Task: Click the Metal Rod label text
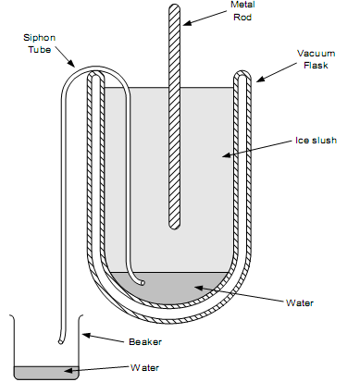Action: point(242,12)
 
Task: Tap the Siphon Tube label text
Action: point(40,43)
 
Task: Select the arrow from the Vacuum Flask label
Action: point(270,76)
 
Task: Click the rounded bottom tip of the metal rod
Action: point(174,225)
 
